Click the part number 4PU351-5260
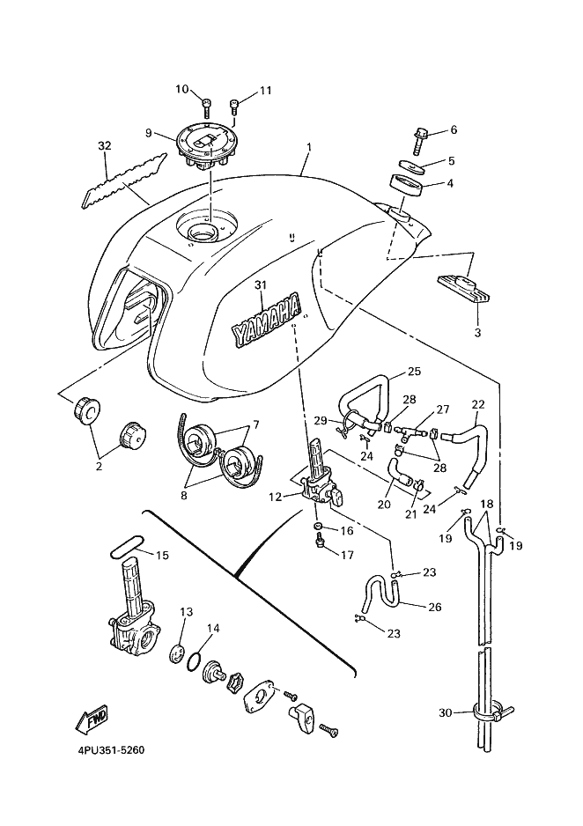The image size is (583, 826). [x=104, y=751]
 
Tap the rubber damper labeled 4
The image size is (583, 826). [x=407, y=187]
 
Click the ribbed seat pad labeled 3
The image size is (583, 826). [x=461, y=289]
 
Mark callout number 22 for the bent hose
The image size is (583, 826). [x=478, y=405]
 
